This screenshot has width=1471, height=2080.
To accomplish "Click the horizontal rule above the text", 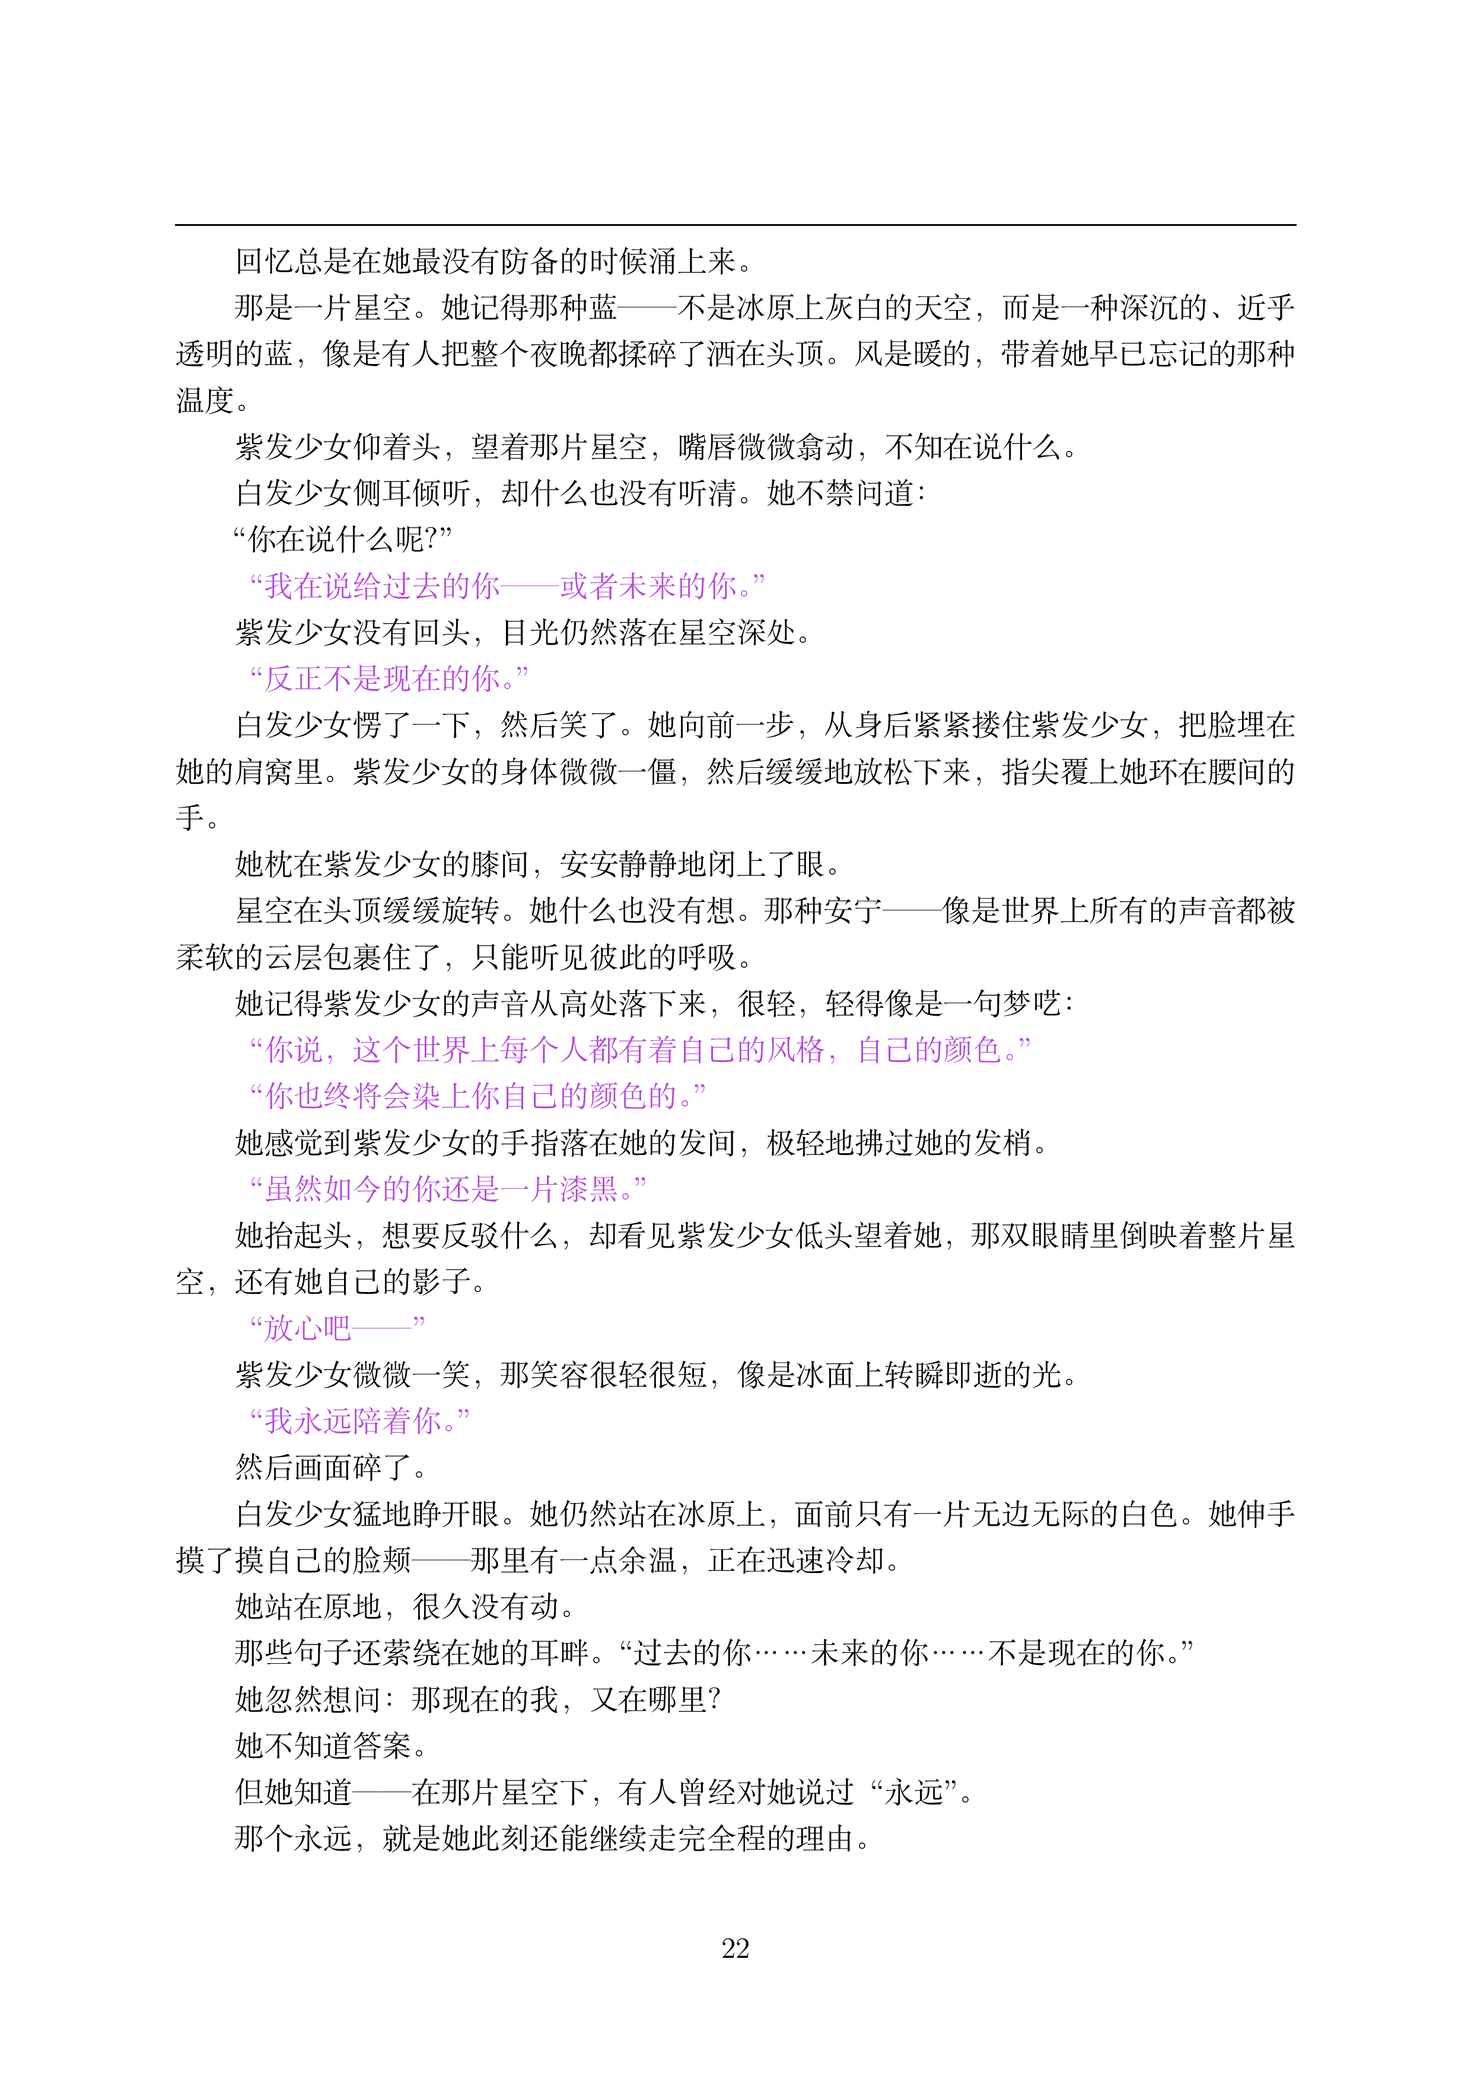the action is click(735, 225).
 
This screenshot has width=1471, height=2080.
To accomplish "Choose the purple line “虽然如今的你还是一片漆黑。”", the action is click(448, 1189).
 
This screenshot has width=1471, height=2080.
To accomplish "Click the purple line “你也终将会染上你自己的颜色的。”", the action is click(477, 1096).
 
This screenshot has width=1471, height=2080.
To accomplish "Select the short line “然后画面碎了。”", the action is click(331, 1467).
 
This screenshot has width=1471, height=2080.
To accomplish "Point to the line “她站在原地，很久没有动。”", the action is click(405, 1606).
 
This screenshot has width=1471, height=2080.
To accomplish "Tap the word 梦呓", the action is click(1031, 1004).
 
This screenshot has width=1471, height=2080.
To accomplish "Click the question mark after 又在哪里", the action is click(714, 1699).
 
